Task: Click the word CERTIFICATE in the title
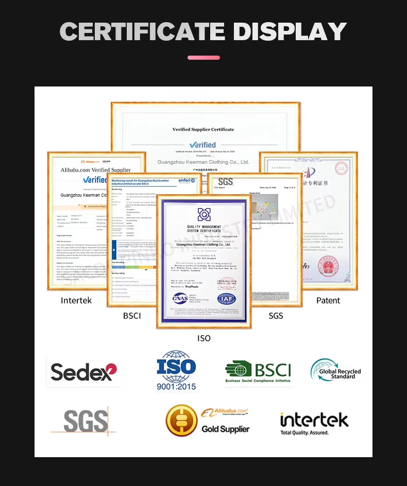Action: tap(142, 31)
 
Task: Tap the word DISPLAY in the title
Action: tap(290, 31)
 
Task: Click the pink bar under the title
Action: tap(203, 58)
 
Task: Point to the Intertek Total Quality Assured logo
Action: tap(314, 423)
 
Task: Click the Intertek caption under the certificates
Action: tap(76, 300)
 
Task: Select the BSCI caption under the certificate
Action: tap(132, 316)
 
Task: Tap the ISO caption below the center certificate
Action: tap(204, 338)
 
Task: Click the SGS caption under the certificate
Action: tap(276, 316)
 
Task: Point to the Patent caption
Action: tap(328, 300)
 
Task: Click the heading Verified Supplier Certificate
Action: tap(203, 129)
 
